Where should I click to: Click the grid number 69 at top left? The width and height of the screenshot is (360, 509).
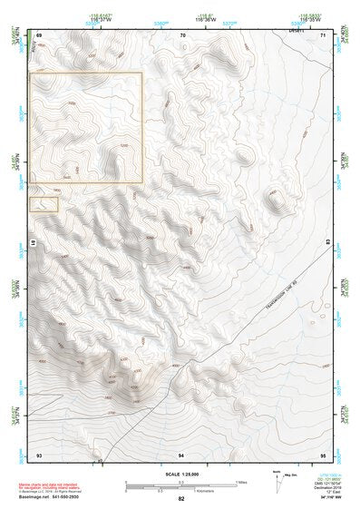tap(39, 35)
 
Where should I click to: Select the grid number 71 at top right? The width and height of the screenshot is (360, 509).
tap(324, 35)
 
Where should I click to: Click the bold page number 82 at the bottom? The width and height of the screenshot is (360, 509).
tap(181, 499)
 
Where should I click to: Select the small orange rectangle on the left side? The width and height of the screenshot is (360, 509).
tap(44, 204)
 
